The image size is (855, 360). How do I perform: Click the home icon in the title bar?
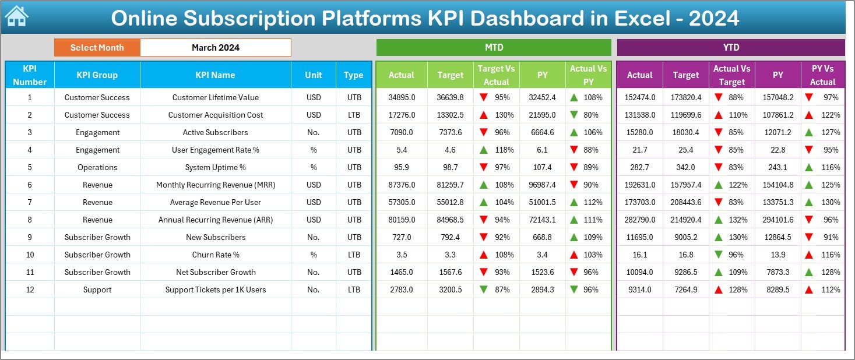point(16,17)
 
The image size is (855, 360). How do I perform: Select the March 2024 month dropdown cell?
point(215,48)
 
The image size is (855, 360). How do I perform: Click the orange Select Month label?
point(97,48)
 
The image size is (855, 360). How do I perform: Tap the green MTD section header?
point(494,48)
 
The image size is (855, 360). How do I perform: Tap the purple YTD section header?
point(730,48)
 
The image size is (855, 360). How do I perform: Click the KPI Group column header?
point(97,75)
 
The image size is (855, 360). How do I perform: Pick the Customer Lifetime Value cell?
point(215,97)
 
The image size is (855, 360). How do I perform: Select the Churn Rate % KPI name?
point(215,255)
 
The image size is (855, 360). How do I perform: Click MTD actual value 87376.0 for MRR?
point(402,185)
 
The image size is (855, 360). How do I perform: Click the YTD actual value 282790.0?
point(639,220)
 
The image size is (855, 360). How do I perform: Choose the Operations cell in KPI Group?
point(97,167)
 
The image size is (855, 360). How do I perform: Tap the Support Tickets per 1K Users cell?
point(215,290)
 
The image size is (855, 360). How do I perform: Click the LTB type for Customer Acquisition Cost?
point(353,115)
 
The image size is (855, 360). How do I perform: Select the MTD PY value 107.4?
point(543,167)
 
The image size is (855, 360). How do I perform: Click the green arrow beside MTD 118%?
point(484,150)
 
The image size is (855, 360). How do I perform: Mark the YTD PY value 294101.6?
point(777,220)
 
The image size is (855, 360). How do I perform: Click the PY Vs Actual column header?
point(822,75)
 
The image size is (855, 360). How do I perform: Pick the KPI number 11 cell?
point(30,272)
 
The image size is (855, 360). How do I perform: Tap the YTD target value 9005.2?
point(685,237)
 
